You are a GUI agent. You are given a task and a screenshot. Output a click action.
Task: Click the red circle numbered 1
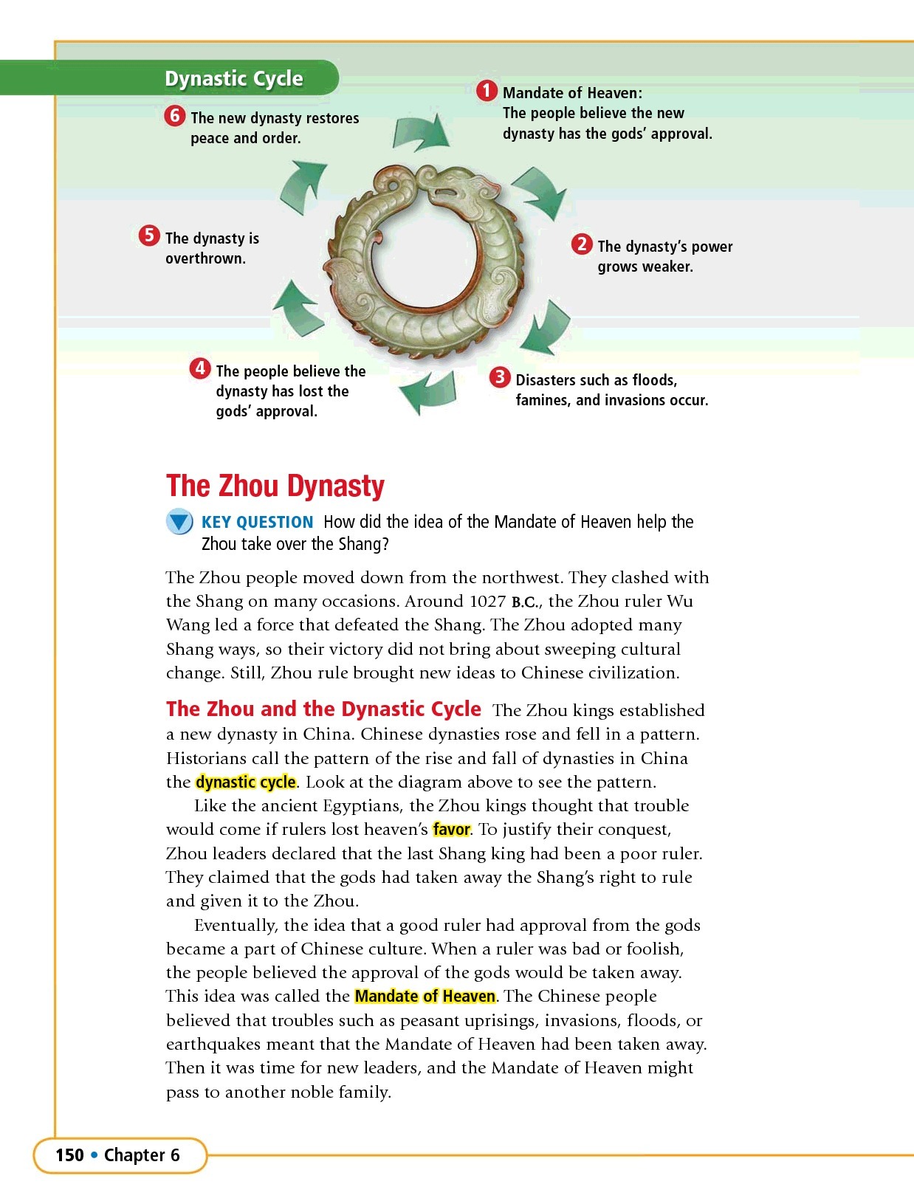(x=486, y=92)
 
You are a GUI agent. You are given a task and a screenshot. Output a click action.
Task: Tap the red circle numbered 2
(x=582, y=244)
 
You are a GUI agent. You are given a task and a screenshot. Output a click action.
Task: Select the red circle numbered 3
(x=500, y=378)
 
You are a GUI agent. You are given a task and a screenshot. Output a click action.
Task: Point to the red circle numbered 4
(x=200, y=368)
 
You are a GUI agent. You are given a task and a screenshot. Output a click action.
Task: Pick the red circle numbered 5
(x=149, y=236)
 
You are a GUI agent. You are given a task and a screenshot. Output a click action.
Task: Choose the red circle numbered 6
(x=174, y=116)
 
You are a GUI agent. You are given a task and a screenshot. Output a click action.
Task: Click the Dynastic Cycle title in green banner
(x=233, y=78)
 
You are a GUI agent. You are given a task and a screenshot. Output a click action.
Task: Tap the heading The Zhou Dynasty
(x=275, y=486)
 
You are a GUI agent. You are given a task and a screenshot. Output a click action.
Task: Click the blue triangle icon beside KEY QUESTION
(x=179, y=522)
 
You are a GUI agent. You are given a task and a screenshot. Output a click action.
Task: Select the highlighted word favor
(x=451, y=829)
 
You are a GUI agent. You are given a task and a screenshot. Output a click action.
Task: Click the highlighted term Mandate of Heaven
(x=425, y=996)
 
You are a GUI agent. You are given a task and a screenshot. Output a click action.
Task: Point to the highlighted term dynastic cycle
(x=246, y=782)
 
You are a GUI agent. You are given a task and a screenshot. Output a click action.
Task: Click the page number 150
(x=69, y=1155)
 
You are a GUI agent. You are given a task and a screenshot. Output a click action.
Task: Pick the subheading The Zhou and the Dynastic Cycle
(x=323, y=709)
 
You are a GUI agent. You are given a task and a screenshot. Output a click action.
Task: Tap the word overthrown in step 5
(x=205, y=258)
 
